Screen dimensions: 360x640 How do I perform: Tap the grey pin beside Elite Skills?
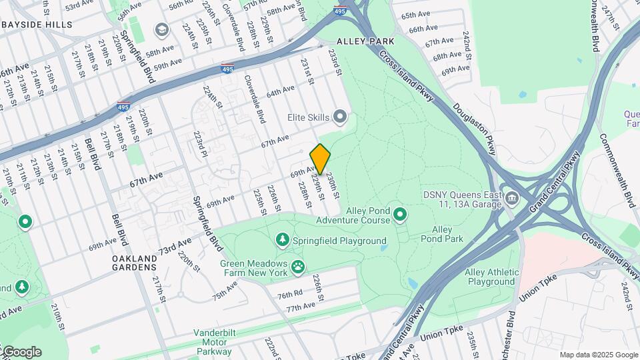(x=341, y=117)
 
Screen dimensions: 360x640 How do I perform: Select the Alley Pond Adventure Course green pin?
(x=400, y=214)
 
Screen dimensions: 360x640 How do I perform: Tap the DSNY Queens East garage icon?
(x=511, y=198)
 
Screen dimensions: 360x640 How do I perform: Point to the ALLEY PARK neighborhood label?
(x=365, y=41)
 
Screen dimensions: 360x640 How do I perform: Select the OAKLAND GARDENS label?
(x=134, y=263)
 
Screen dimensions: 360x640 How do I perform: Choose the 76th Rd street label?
(x=291, y=294)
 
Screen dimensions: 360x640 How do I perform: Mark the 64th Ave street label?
(x=280, y=91)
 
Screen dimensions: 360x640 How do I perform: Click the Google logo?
(x=21, y=352)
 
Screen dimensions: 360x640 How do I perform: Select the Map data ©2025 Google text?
(x=598, y=355)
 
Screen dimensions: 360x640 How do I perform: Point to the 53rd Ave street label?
(x=79, y=6)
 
